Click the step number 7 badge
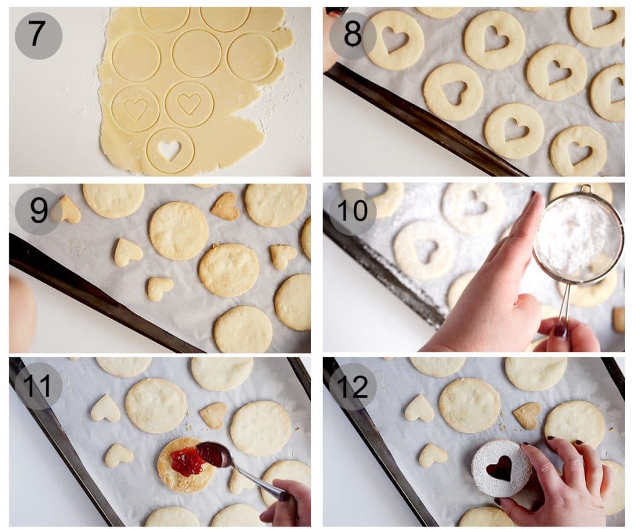pos(38,35)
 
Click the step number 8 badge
pos(352,35)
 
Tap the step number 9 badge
pos(38,211)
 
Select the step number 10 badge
pos(352,211)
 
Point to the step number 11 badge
pos(38,386)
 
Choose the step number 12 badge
pos(352,386)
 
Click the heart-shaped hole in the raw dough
pos(169,149)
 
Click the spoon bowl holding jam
pos(212,454)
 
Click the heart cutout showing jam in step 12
pos(499,468)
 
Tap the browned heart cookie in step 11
pos(213,415)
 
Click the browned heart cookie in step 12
pos(527,415)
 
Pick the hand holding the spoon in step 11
pos(289,502)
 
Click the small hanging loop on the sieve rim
pos(586,189)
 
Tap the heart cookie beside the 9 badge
pos(69,211)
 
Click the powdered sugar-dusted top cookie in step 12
pos(500,468)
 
